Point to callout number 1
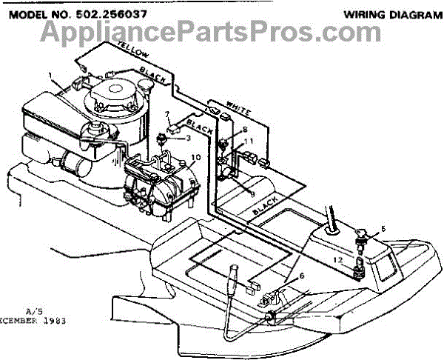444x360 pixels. (x=50, y=76)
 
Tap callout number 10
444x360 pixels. (x=195, y=156)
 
